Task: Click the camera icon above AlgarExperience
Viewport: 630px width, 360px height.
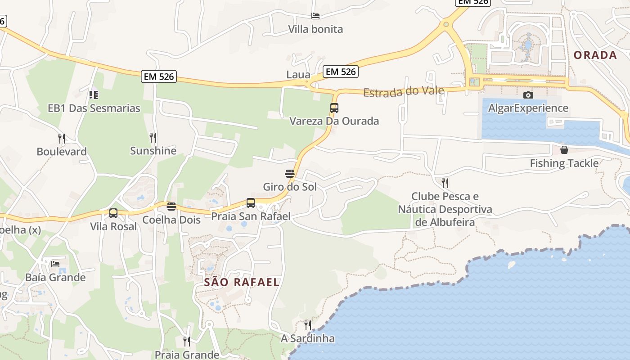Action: (528, 95)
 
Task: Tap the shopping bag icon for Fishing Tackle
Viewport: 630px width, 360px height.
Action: (564, 150)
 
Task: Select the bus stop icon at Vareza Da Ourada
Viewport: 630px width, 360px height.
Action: (334, 108)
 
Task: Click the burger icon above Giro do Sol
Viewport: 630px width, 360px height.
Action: (289, 174)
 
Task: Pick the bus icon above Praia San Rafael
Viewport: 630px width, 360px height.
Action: (251, 203)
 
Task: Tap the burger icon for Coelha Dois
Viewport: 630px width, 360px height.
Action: (171, 207)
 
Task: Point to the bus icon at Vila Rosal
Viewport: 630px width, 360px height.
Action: (113, 213)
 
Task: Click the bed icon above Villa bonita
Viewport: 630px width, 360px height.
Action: (315, 16)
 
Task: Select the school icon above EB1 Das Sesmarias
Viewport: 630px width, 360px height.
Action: (94, 95)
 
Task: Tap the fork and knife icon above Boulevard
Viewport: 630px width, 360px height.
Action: (62, 138)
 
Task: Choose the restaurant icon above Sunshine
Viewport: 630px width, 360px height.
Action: (153, 137)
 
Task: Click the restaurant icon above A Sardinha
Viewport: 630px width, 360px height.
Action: (308, 325)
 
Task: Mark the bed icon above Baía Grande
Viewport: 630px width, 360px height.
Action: (55, 264)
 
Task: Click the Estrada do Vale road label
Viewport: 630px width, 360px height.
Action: (404, 92)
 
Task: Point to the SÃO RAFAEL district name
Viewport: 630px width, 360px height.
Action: (242, 283)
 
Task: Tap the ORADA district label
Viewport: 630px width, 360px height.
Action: (595, 55)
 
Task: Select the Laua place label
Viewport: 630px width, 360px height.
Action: (298, 75)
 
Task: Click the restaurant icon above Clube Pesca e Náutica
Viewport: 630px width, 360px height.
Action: (445, 183)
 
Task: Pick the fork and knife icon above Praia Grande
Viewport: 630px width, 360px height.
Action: (187, 342)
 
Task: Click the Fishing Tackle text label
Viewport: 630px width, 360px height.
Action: (564, 163)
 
